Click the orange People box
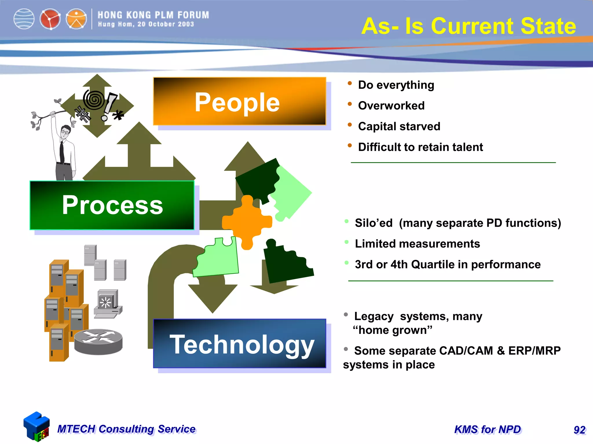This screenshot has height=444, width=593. pos(239,101)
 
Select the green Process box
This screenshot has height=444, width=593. pos(112,205)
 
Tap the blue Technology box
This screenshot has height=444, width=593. pos(239,343)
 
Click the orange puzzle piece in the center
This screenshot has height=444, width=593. pos(247,222)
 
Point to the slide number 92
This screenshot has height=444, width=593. pos(579,430)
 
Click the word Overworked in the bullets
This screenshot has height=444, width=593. pos(391,106)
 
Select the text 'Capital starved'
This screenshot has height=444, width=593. pos(399,127)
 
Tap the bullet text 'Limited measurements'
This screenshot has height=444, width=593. pos(417,244)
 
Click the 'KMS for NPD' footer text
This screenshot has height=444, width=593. pos(488,430)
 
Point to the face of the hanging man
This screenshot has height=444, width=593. pos(65,132)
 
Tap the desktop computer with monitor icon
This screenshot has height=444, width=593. pos(108,304)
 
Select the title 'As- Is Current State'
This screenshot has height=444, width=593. pos(468,26)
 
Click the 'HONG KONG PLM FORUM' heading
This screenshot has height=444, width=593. pos(153,15)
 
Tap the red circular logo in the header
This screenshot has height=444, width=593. pos(50,19)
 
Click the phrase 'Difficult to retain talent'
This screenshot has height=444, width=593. pos(420,147)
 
